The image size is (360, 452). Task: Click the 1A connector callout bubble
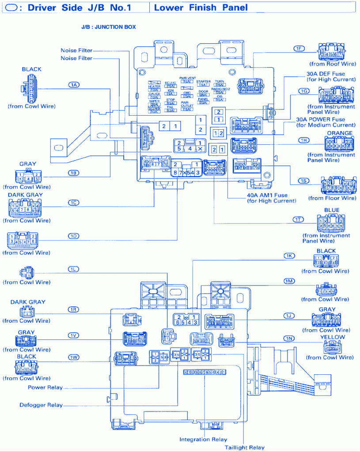(x=73, y=84)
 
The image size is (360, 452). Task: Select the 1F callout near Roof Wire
(x=299, y=48)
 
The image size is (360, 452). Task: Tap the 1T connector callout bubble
(x=299, y=219)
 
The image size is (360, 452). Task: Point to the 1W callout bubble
(x=73, y=357)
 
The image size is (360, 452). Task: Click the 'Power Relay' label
(x=45, y=388)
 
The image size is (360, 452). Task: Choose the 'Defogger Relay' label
(x=41, y=405)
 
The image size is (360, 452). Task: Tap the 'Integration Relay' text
(x=203, y=439)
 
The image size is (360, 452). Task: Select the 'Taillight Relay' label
(x=244, y=447)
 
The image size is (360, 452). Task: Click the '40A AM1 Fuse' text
(x=268, y=195)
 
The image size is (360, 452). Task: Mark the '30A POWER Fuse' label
(x=327, y=120)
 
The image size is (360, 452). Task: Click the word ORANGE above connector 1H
(x=339, y=133)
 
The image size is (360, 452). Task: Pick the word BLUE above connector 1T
(x=332, y=211)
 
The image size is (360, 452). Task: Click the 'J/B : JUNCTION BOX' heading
(x=108, y=27)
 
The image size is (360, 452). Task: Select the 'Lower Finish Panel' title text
(x=201, y=8)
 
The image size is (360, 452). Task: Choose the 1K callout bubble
(x=289, y=256)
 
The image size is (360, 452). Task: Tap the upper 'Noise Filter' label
(x=76, y=50)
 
